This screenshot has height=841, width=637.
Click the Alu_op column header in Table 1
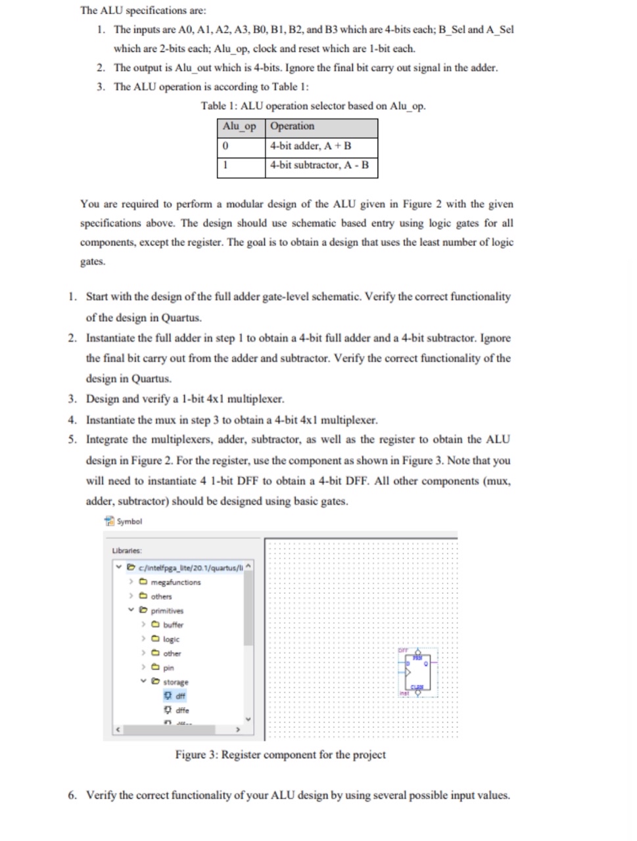(240, 127)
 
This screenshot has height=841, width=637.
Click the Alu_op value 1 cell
(241, 166)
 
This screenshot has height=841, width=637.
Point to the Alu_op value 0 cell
(241, 146)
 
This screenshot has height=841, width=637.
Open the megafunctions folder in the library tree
(175, 582)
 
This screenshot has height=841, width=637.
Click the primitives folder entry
(167, 610)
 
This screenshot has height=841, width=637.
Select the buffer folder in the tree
(173, 625)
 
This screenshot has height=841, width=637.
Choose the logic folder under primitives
(171, 639)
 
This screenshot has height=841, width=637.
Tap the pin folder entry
(168, 668)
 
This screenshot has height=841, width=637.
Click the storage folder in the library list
(176, 682)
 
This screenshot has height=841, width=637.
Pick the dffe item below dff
(181, 710)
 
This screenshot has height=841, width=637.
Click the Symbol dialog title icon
(109, 521)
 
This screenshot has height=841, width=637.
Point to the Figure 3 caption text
(280, 755)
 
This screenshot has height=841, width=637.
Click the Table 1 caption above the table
(313, 106)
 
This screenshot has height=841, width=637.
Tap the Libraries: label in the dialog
(127, 551)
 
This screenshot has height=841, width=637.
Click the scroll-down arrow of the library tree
(248, 718)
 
